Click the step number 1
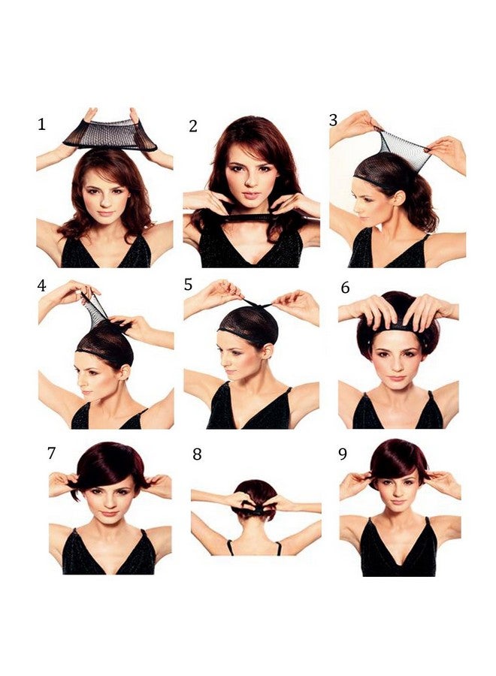click(x=41, y=124)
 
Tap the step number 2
click(x=193, y=126)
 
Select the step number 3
click(x=333, y=120)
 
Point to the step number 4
click(x=41, y=286)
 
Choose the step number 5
click(x=188, y=285)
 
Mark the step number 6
click(x=345, y=288)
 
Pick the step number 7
click(x=51, y=453)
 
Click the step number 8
click(x=197, y=454)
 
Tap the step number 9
click(x=343, y=454)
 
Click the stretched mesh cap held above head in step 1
click(x=110, y=134)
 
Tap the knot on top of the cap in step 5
click(x=256, y=304)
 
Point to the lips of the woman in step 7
click(x=109, y=514)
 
